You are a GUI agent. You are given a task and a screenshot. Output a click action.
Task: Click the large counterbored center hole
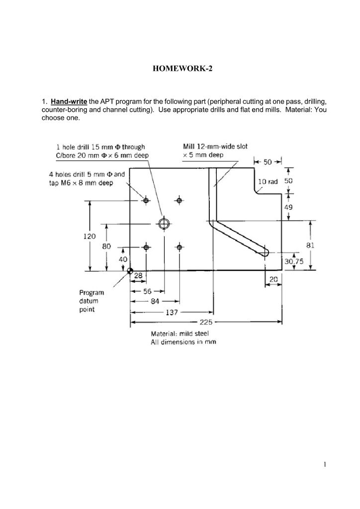[163, 222]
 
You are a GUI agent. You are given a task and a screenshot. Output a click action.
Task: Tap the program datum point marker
[130, 271]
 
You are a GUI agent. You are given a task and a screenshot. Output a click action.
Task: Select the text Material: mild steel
[176, 334]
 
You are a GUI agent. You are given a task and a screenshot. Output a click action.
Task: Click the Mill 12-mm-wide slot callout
[215, 147]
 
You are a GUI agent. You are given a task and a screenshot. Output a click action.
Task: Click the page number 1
[324, 465]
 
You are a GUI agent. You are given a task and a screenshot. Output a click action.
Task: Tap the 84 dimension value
[155, 301]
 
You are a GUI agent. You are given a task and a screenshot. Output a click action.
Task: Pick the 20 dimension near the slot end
[273, 281]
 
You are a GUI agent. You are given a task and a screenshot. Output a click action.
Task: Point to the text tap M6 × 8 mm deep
[82, 183]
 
